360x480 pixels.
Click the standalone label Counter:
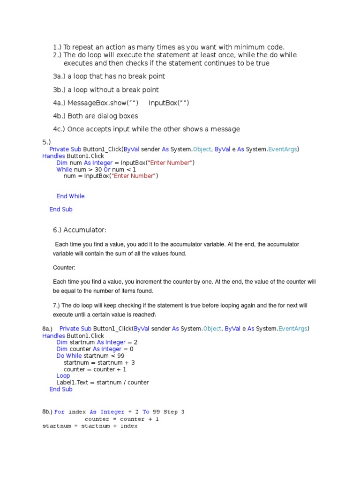64,267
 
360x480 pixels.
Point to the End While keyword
70,196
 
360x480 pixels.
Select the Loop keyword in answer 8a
63,375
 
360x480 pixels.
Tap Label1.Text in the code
73,382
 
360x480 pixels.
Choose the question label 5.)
46,142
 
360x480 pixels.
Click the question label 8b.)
47,412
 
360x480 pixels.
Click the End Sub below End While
61,210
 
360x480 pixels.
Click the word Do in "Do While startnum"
60,356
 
